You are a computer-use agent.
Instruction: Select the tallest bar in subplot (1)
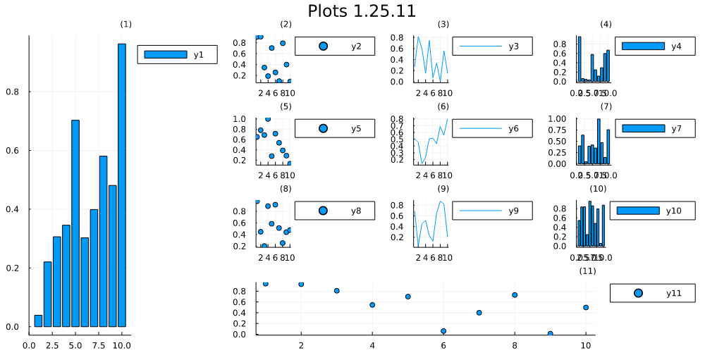(121, 187)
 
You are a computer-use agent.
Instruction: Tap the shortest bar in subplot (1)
(38, 321)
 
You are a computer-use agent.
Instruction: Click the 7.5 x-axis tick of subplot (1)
(99, 345)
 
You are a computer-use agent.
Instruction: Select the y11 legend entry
(652, 293)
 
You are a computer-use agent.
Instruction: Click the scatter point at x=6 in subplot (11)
(443, 331)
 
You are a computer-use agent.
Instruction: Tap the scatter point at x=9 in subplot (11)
(550, 333)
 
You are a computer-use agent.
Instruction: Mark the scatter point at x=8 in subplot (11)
(515, 295)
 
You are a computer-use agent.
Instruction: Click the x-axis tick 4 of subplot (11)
(372, 345)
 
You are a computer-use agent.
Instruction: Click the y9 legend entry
(492, 210)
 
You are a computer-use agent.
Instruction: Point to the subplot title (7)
(606, 106)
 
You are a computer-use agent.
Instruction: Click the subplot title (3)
(443, 25)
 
